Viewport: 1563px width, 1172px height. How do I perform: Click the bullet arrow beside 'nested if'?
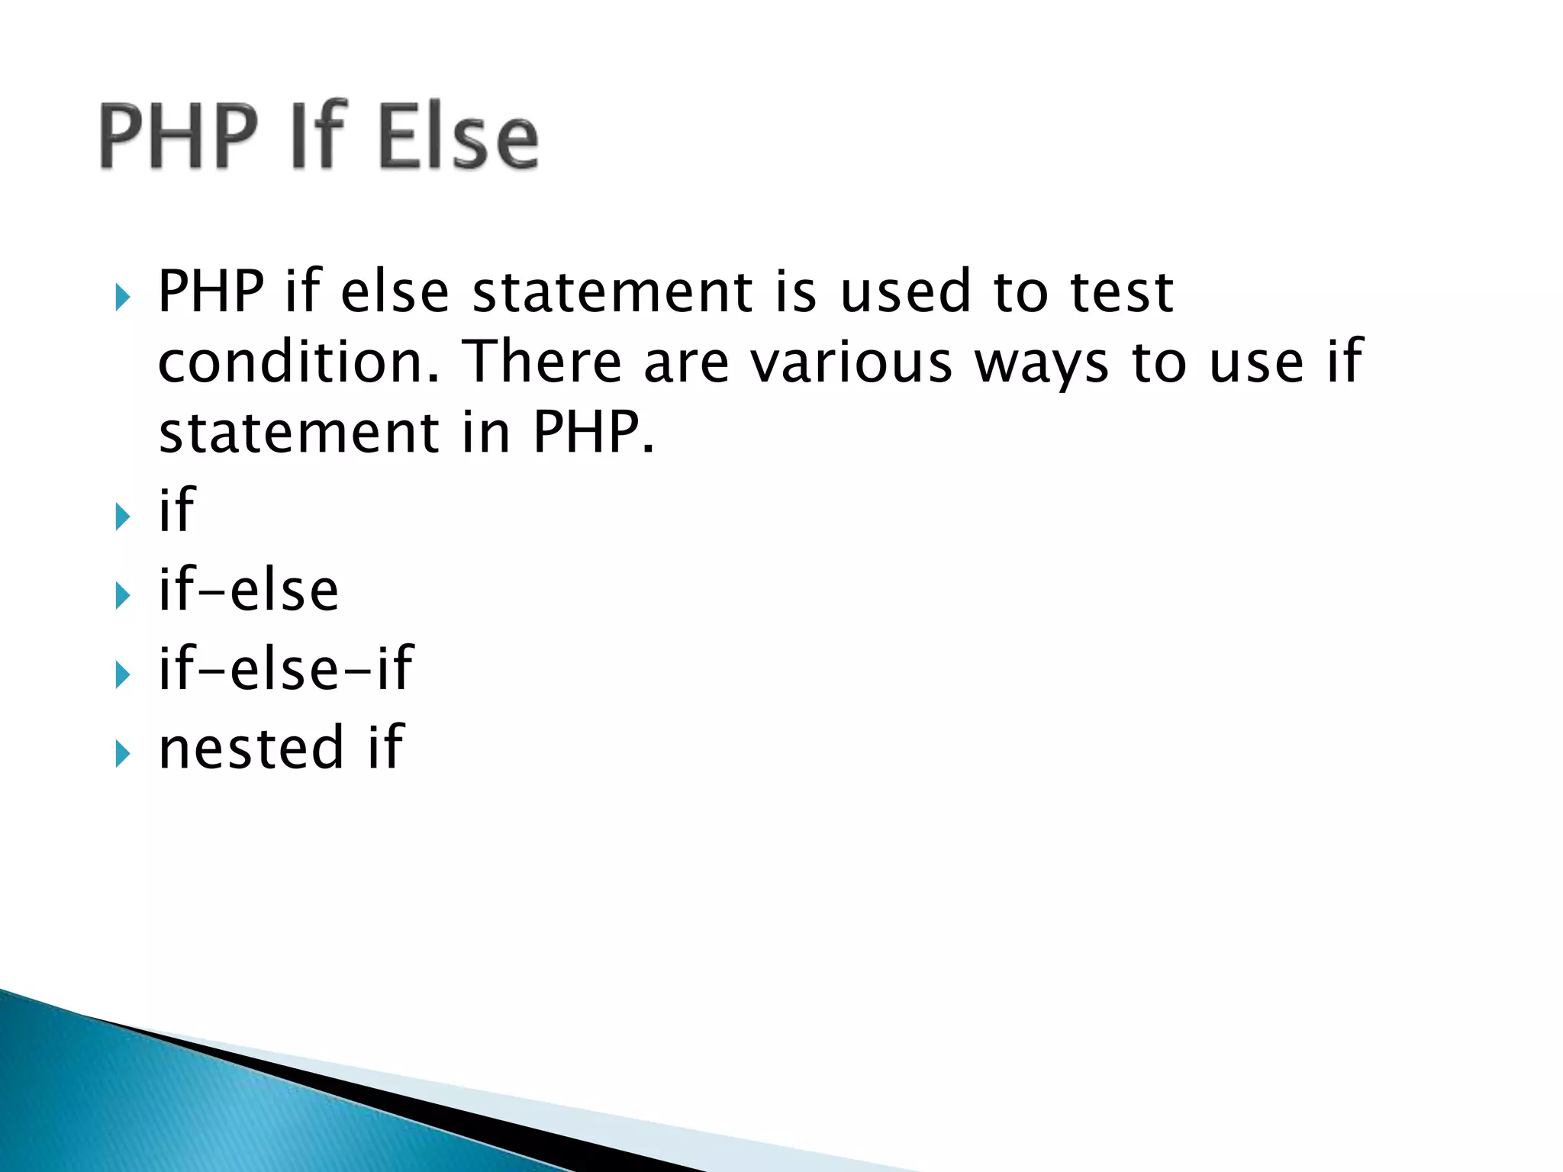tap(122, 754)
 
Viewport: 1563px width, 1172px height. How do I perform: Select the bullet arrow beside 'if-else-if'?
tap(122, 675)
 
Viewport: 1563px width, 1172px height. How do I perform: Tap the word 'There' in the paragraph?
tap(543, 362)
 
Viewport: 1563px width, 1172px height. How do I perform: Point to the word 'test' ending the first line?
tap(1122, 293)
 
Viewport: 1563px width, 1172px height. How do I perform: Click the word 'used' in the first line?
tap(905, 293)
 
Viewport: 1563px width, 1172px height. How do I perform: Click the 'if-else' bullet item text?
tap(248, 591)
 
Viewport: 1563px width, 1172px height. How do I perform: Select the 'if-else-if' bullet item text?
tap(285, 668)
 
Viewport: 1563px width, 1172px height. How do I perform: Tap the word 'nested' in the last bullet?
tap(251, 748)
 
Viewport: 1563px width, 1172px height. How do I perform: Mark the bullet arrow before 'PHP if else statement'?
tap(122, 298)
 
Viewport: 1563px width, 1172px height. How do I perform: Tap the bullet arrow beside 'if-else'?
tap(122, 596)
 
